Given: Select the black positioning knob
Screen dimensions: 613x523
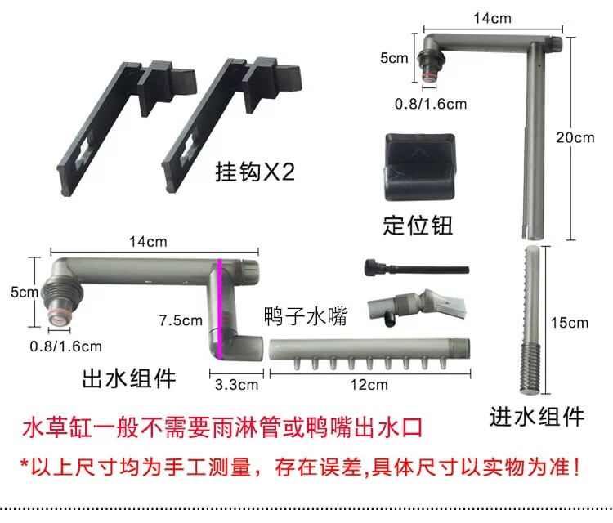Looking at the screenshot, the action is pos(418,168).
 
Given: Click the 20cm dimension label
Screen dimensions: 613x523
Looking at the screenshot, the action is pos(578,137).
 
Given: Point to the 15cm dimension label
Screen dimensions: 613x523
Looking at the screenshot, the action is pos(570,322).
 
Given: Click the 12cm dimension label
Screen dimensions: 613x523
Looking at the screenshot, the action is pos(369,383).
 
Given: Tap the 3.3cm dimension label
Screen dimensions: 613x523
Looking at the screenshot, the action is pos(237,383).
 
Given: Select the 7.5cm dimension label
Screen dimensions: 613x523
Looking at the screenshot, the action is pos(181,321).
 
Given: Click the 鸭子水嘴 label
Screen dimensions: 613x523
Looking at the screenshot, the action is pos(306,317).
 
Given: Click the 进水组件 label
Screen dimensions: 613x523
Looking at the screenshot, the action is pos(537,416).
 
